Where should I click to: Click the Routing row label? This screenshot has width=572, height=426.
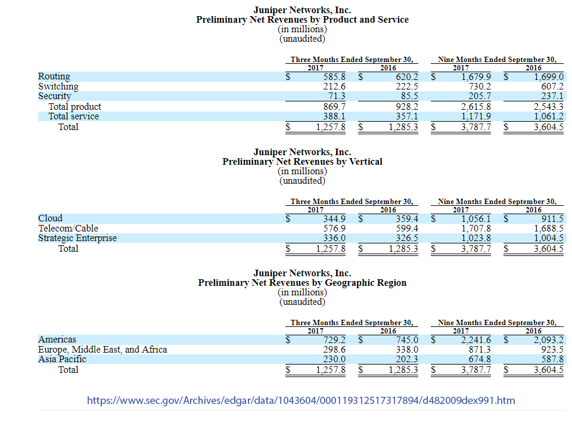54,76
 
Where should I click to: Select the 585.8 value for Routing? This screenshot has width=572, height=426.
334,76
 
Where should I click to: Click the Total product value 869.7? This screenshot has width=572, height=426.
334,107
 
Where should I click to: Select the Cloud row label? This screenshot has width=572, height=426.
50,218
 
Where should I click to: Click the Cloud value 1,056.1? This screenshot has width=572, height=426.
475,218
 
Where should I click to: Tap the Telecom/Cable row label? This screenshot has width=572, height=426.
68,229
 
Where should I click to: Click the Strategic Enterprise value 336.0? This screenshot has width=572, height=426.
334,238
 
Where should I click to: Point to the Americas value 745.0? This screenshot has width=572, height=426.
407,340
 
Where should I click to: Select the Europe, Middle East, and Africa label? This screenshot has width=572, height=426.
102,350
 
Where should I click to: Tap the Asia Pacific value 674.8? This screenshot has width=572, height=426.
479,359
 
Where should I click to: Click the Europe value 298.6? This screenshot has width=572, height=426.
334,350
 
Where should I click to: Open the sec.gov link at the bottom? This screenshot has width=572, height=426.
301,400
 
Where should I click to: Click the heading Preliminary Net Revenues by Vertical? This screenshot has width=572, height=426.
302,162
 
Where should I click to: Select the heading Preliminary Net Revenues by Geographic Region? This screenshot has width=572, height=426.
302,283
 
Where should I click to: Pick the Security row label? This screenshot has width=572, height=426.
54,96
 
